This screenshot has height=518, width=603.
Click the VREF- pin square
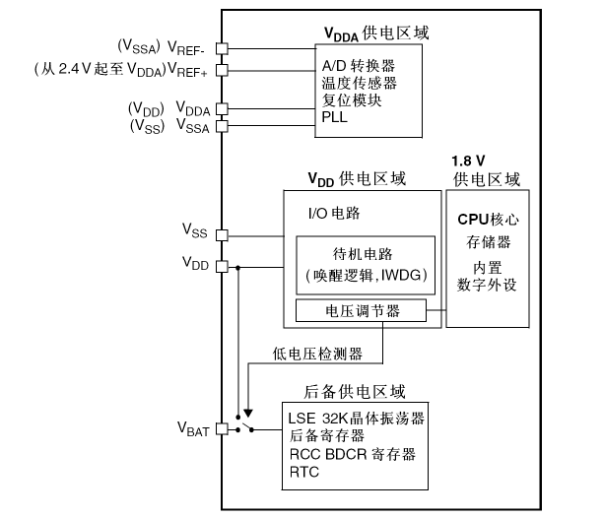pyautogui.click(x=222, y=47)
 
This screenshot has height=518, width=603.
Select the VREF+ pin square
pyautogui.click(x=222, y=69)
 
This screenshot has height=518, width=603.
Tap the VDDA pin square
pyautogui.click(x=222, y=108)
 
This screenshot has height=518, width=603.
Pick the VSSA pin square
pyautogui.click(x=222, y=126)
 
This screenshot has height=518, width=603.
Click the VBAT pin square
pyautogui.click(x=222, y=428)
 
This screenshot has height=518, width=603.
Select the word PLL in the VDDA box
pyautogui.click(x=335, y=116)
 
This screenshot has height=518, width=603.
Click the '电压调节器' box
pyautogui.click(x=362, y=312)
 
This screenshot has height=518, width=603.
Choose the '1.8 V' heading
pyautogui.click(x=468, y=161)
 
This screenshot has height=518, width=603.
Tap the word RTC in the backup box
pyautogui.click(x=303, y=472)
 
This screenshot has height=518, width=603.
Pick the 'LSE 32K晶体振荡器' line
pyautogui.click(x=357, y=419)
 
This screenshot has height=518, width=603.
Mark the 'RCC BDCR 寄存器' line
pyautogui.click(x=353, y=454)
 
